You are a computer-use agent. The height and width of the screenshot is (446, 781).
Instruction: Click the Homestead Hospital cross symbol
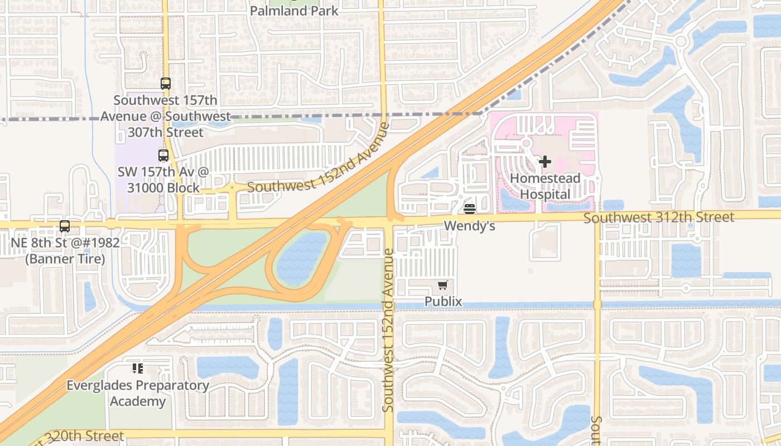pos(545,162)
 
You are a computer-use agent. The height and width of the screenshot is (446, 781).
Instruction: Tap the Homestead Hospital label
pos(545,186)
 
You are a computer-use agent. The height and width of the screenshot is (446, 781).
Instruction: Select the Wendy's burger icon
pos(470,209)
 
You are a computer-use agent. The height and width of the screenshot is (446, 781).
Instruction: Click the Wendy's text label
pos(470,226)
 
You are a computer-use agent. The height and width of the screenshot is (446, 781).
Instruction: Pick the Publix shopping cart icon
pos(443,285)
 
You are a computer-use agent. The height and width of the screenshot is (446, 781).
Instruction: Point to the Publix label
pos(443,302)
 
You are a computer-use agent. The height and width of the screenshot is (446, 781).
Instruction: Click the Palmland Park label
pos(294,11)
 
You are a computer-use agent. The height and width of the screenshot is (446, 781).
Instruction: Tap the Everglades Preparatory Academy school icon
pos(137,368)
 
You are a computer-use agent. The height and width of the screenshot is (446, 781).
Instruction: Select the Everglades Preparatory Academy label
pos(138,393)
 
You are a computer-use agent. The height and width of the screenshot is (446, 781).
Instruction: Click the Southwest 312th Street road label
pos(659,217)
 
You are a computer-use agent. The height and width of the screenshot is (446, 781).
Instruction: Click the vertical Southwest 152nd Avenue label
pos(389,330)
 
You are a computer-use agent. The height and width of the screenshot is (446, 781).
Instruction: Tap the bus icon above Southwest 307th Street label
pos(166,84)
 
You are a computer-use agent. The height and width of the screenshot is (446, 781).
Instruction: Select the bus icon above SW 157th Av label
pos(163,156)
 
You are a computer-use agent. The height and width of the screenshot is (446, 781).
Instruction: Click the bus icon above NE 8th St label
pos(65,226)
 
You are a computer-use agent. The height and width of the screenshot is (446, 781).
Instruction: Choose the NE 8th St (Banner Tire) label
pos(65,251)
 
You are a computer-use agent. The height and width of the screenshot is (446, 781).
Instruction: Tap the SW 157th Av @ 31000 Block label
pos(163,180)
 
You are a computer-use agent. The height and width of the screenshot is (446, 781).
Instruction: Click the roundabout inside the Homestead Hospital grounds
pos(526,143)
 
